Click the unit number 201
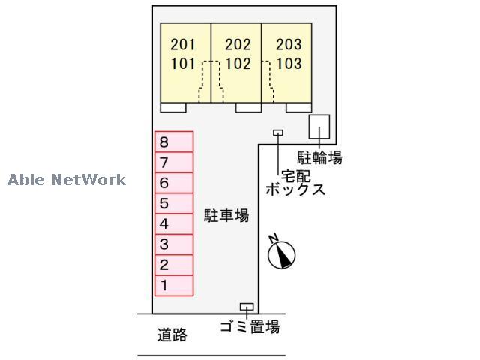(x=183, y=45)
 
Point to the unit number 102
(x=238, y=64)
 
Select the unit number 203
(x=289, y=45)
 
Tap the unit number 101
(x=183, y=64)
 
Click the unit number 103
(x=289, y=64)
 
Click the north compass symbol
(x=282, y=253)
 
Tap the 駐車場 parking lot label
(x=226, y=216)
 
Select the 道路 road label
(x=172, y=334)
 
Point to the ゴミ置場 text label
(x=250, y=327)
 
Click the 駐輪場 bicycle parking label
(x=320, y=158)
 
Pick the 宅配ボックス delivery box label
(x=296, y=182)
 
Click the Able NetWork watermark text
(x=67, y=180)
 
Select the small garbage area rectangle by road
(x=246, y=307)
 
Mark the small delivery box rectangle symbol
(x=278, y=133)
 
